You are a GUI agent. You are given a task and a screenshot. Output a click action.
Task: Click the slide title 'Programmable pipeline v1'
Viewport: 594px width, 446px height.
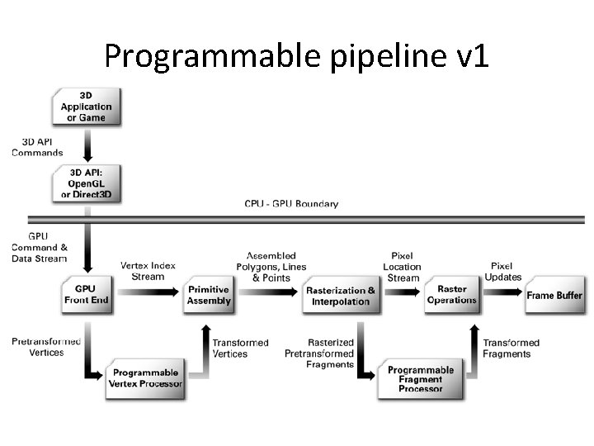297,55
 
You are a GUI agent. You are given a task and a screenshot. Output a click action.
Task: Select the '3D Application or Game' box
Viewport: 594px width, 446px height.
87,107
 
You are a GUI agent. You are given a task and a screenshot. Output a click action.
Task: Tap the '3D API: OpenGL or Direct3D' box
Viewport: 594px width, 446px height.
86,183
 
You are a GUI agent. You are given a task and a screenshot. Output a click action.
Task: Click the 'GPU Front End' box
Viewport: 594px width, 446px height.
86,295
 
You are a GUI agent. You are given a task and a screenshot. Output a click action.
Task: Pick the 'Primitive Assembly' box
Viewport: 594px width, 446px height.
209,295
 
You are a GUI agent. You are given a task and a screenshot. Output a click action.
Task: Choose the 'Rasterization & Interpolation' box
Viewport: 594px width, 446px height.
341,295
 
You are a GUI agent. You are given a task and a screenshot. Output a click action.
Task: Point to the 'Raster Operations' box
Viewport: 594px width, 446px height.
452,295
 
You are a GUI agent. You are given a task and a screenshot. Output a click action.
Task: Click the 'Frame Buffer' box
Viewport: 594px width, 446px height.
554,295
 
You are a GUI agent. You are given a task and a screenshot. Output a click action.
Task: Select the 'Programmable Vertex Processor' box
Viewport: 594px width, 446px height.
146,378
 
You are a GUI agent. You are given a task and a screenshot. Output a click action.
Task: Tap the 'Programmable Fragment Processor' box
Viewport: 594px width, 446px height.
420,379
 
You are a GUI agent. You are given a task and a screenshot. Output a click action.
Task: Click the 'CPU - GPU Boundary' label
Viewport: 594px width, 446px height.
291,204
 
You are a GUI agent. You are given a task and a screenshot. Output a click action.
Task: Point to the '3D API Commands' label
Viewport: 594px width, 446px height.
37,148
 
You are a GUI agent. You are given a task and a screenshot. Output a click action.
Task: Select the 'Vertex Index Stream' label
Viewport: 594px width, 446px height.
148,271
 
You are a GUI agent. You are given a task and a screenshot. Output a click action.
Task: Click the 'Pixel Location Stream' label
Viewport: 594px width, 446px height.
402,267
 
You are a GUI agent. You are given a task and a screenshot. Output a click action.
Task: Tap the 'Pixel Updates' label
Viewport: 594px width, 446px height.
502,272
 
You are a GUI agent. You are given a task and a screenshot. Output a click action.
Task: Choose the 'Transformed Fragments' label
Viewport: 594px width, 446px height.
511,348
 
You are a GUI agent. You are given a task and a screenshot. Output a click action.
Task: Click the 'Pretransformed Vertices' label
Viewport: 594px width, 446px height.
46,347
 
